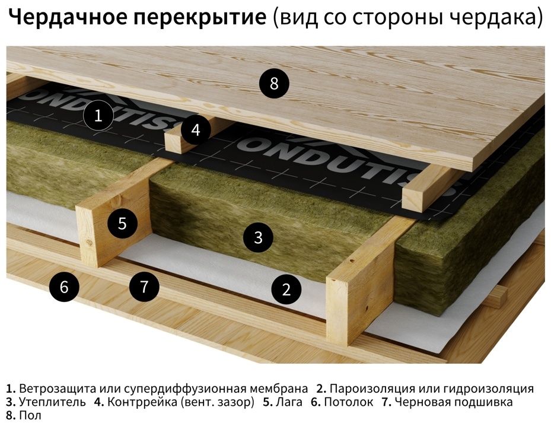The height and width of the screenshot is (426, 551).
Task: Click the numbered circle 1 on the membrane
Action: tap(98, 115)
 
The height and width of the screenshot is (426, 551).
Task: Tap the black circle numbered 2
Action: tap(286, 290)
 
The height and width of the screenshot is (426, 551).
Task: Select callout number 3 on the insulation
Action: tap(258, 237)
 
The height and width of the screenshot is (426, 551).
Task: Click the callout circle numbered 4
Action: tap(196, 130)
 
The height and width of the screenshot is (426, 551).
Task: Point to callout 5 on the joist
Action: tap(122, 223)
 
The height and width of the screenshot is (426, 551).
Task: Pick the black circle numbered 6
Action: tap(64, 287)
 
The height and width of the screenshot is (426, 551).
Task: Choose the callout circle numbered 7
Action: tap(144, 287)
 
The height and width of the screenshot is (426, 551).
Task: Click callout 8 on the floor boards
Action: tap(274, 84)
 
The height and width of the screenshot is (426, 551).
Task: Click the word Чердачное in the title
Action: tap(67, 17)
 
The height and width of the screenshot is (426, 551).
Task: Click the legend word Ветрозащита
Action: tap(58, 389)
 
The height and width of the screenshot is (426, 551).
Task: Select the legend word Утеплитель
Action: tap(52, 402)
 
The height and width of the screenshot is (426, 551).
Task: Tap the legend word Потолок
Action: tap(349, 402)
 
